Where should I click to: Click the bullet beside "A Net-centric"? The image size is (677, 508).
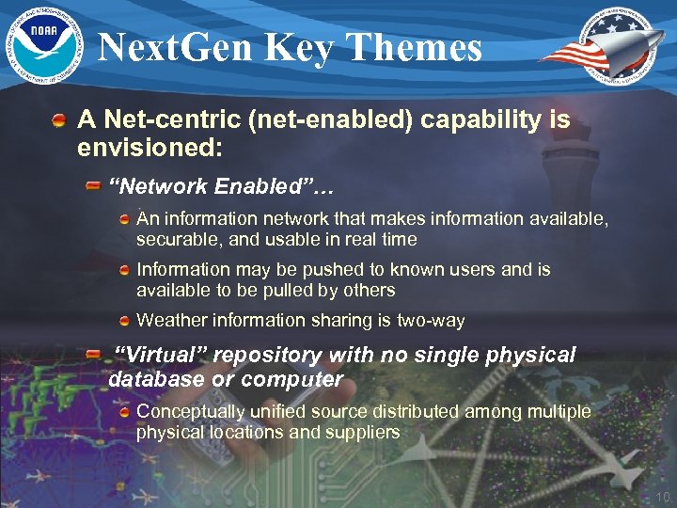[59, 121]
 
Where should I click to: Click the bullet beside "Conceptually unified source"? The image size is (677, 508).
[125, 412]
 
